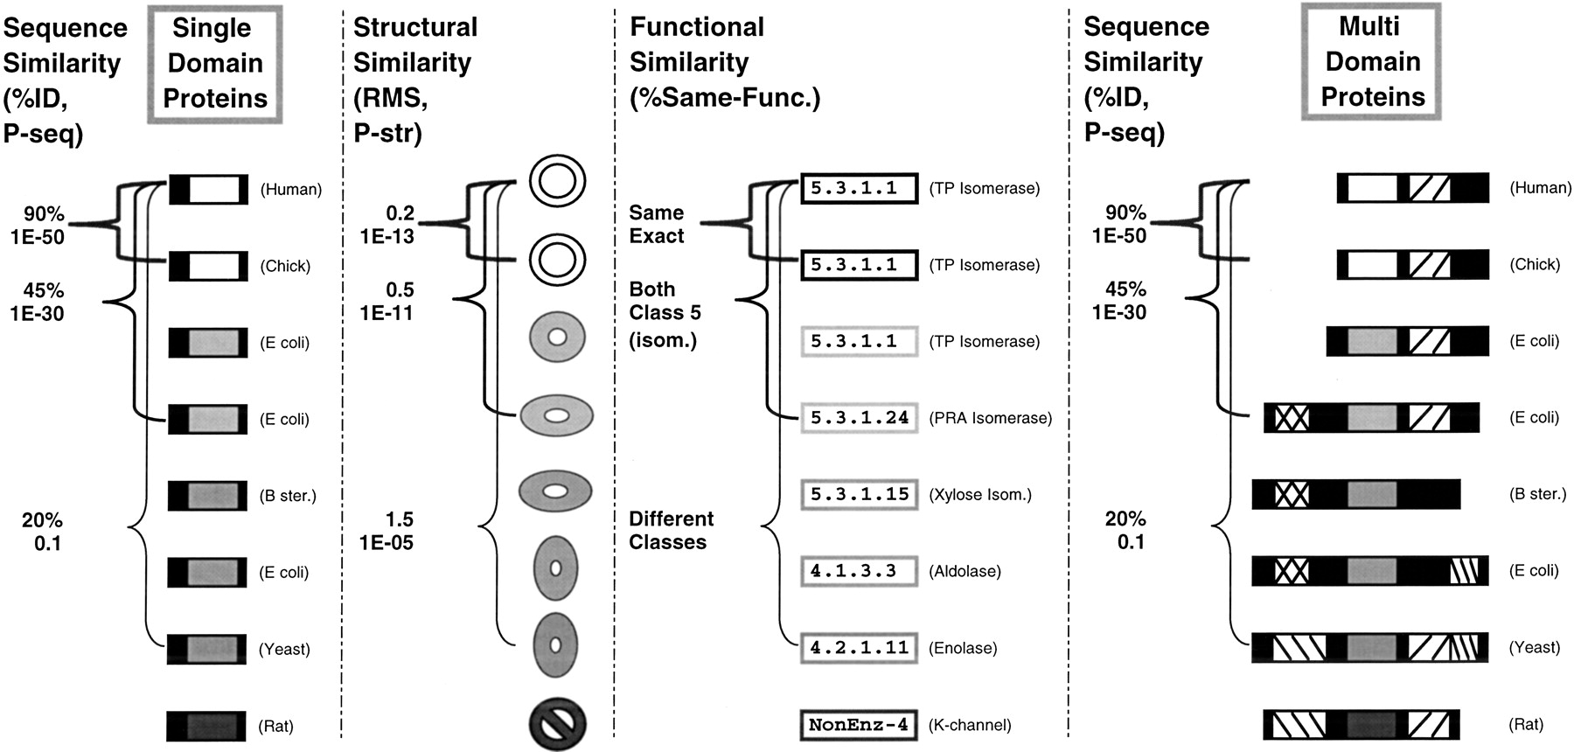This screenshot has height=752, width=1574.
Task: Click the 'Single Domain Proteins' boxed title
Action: point(215,63)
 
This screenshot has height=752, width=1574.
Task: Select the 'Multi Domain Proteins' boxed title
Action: point(1371,61)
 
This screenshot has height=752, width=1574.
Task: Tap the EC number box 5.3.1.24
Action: point(859,418)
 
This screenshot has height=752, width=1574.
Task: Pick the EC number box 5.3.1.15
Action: point(859,494)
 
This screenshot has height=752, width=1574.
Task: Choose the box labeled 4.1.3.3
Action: point(859,571)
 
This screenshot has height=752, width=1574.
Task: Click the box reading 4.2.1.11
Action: point(859,648)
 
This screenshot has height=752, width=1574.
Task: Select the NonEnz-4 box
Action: point(859,725)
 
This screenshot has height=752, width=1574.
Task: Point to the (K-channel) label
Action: point(970,725)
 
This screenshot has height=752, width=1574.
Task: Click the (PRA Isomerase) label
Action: point(990,418)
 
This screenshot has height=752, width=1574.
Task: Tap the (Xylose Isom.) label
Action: point(979,494)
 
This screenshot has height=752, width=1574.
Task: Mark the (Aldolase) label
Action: point(965,571)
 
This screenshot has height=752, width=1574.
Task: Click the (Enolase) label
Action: point(963,648)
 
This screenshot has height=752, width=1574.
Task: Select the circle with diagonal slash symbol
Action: point(557,724)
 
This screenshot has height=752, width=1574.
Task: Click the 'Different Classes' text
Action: point(671,530)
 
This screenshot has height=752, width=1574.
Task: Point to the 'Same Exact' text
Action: point(657,224)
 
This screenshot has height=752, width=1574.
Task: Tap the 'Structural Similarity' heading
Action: point(414,45)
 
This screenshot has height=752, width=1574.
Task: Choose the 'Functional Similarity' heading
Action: point(697,45)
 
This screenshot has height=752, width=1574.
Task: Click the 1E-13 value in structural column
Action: point(387,236)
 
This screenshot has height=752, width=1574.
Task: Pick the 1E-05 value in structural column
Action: point(387,542)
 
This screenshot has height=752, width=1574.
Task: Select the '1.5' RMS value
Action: point(400,519)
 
